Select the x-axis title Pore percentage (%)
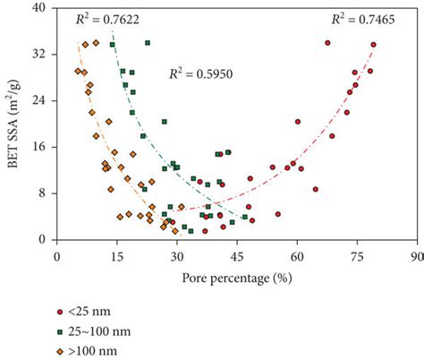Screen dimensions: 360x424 click(236, 278)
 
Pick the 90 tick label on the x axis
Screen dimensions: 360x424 click(415, 255)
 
